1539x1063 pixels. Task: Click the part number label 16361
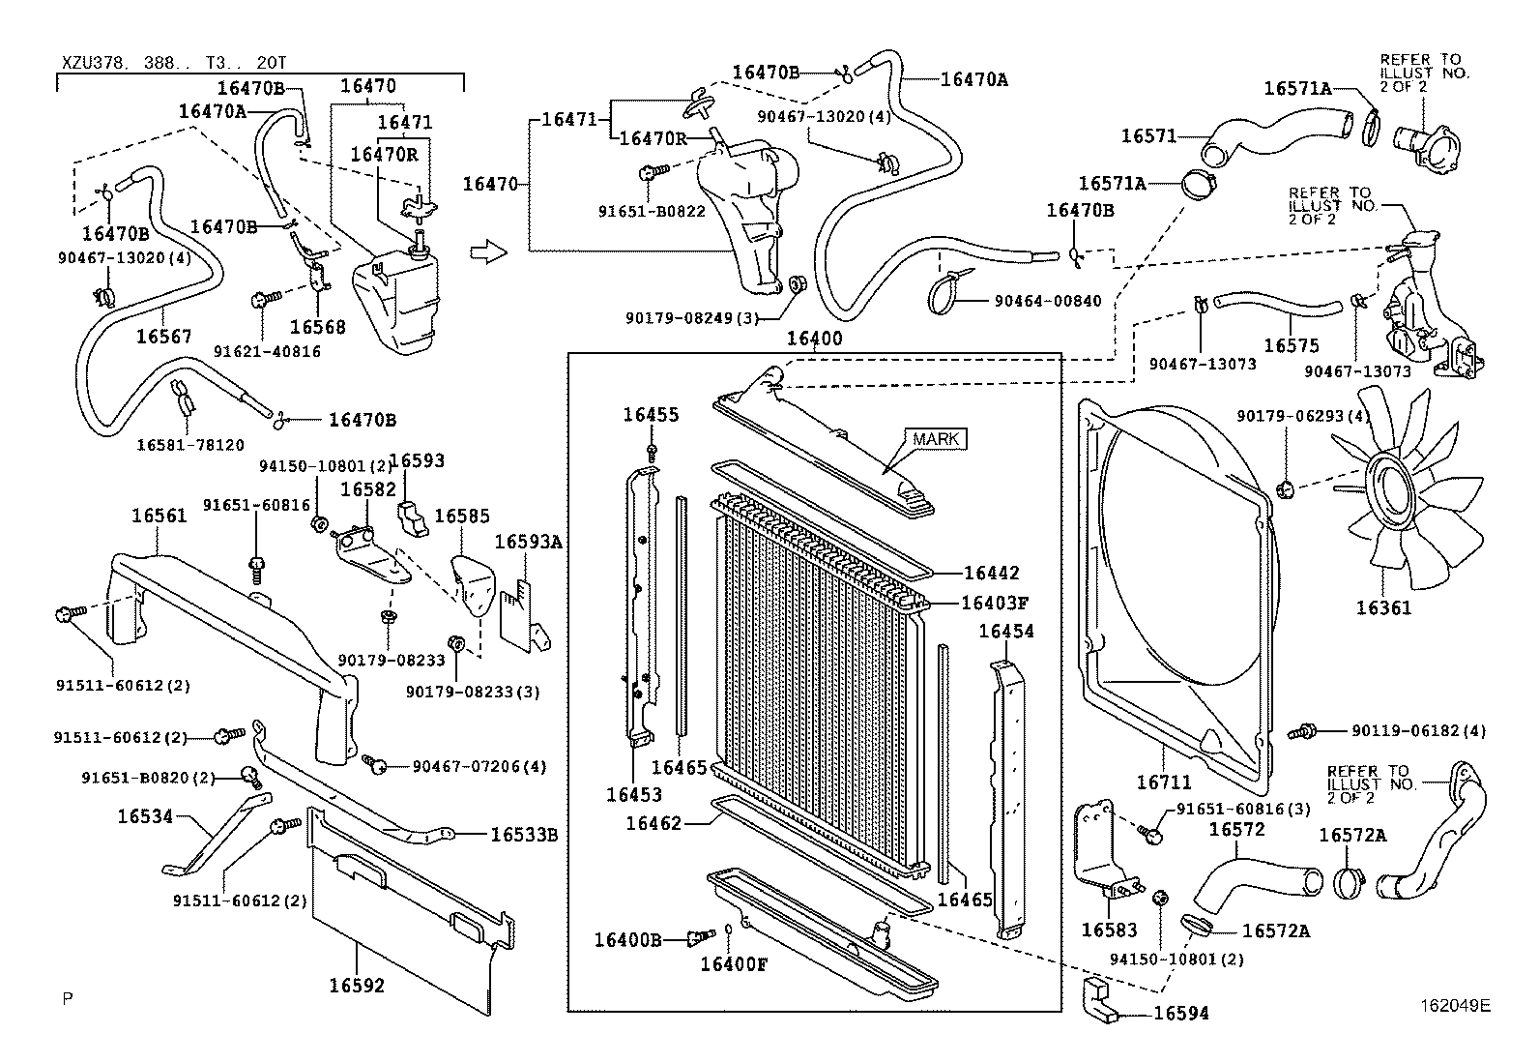coord(1382,607)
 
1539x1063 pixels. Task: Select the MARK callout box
coord(936,439)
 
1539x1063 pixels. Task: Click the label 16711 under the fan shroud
coord(1163,782)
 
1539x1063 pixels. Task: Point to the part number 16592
coord(356,986)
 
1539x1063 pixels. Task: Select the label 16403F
coord(994,603)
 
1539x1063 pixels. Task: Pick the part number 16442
coord(991,573)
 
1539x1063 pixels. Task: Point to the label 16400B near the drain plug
coord(626,939)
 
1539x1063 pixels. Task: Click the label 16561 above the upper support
coord(159,516)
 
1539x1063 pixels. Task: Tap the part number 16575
coord(1291,345)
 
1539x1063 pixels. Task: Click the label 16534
coord(145,816)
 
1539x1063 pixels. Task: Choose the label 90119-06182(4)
coord(1414,731)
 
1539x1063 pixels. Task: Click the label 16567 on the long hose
coord(163,337)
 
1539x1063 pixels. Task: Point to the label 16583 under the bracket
coord(1108,930)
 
